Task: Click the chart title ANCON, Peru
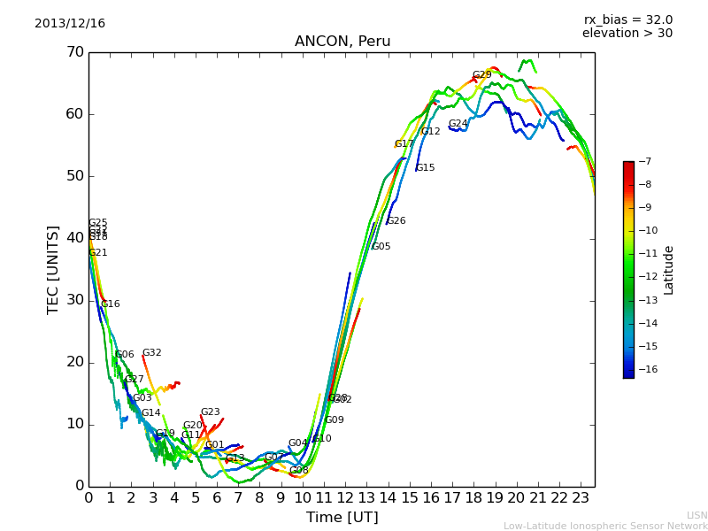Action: pyautogui.click(x=342, y=42)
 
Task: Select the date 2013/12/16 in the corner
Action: pyautogui.click(x=70, y=24)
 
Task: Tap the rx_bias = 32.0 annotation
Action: pyautogui.click(x=627, y=19)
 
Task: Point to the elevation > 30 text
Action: pyautogui.click(x=627, y=34)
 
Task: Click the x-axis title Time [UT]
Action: pyautogui.click(x=342, y=518)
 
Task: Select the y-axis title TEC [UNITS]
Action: pyautogui.click(x=53, y=269)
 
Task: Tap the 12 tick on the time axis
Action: pyautogui.click(x=345, y=497)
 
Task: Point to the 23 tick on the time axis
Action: pyautogui.click(x=581, y=497)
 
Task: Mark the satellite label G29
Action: pyautogui.click(x=481, y=75)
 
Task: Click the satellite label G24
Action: pyautogui.click(x=458, y=124)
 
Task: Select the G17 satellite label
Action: pyautogui.click(x=404, y=143)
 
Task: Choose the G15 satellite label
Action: pyautogui.click(x=425, y=168)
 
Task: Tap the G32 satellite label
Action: pyautogui.click(x=152, y=353)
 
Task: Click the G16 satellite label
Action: pyautogui.click(x=110, y=304)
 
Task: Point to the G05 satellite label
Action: pyautogui.click(x=381, y=247)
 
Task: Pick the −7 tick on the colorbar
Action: pyautogui.click(x=643, y=162)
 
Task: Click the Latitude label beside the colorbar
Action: pyautogui.click(x=669, y=270)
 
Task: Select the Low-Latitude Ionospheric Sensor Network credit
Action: pyautogui.click(x=605, y=527)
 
